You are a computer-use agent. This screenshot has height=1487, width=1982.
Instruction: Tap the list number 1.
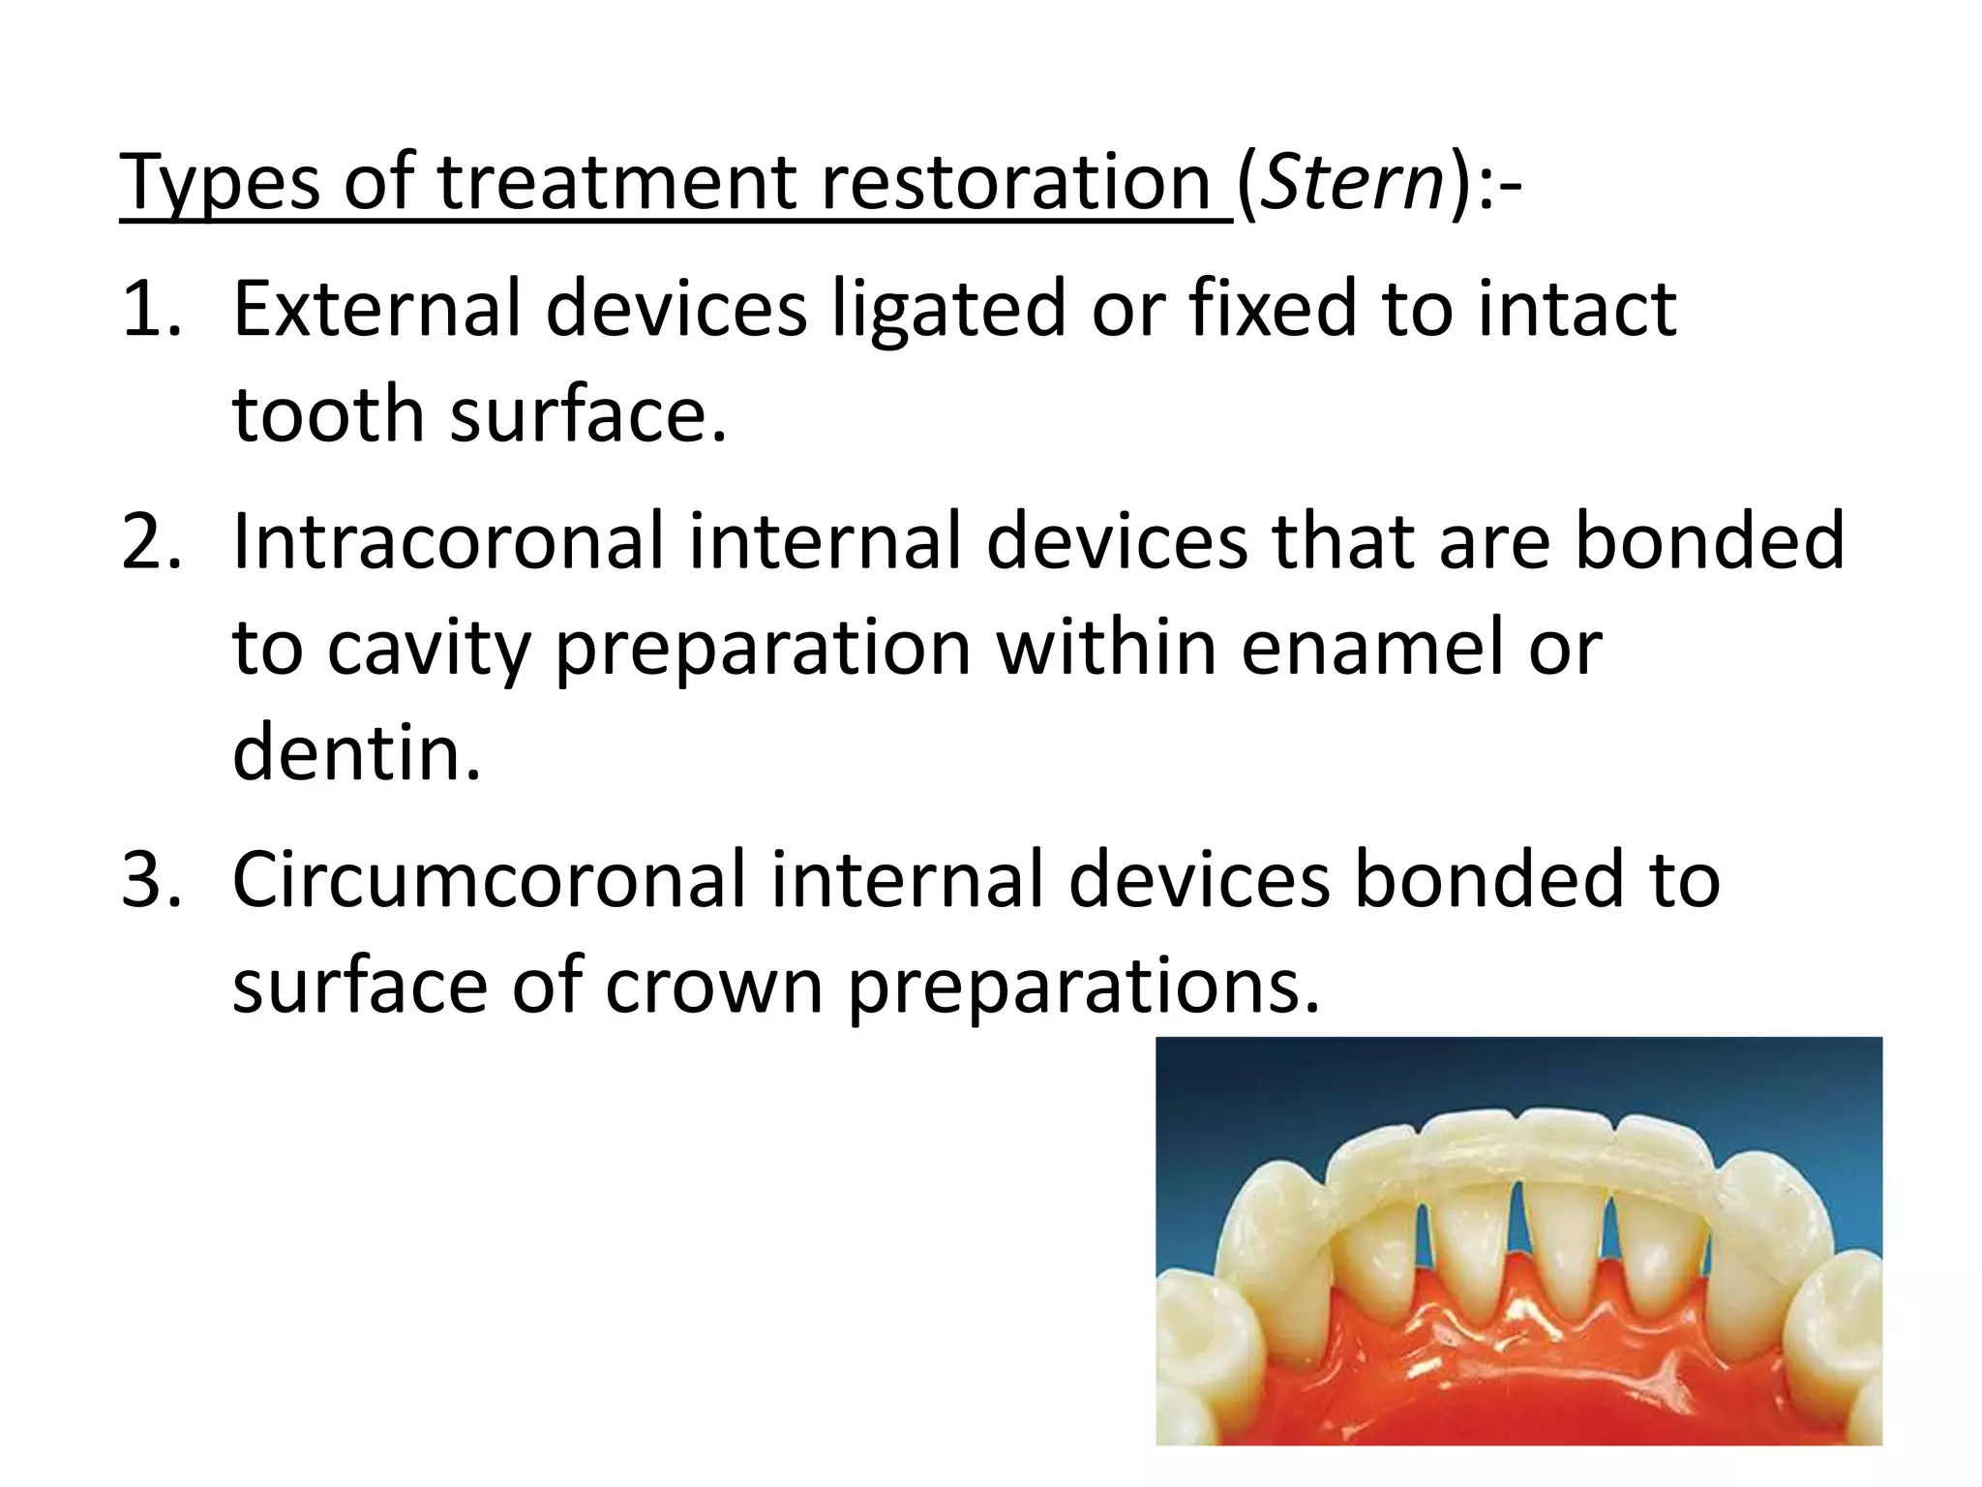(x=150, y=309)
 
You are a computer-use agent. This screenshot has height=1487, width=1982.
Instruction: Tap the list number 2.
(x=150, y=541)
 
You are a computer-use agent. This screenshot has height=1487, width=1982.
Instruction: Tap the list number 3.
(x=150, y=879)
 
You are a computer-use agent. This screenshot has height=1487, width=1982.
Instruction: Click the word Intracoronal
(x=446, y=541)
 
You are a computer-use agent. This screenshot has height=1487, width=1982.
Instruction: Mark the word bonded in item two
(x=1709, y=541)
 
